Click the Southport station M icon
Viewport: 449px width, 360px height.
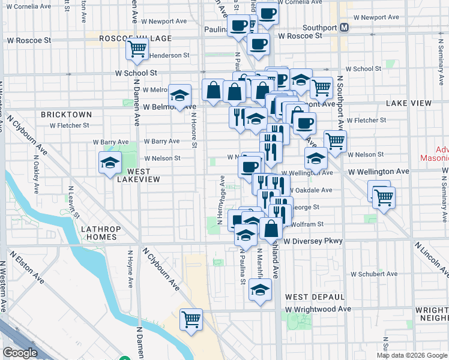[345, 28]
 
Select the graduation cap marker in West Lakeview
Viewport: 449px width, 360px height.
[110, 163]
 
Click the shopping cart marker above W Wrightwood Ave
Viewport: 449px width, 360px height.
[191, 319]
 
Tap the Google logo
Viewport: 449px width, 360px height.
[20, 353]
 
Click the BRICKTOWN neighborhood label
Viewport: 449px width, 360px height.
[66, 115]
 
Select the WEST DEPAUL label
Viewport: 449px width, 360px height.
[315, 297]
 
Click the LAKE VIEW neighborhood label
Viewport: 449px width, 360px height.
[409, 103]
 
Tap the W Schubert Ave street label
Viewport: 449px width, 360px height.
[374, 274]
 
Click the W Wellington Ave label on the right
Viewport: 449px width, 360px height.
[379, 172]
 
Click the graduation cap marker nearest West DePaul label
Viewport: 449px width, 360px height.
[260, 290]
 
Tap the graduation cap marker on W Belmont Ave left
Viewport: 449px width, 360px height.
[179, 95]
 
